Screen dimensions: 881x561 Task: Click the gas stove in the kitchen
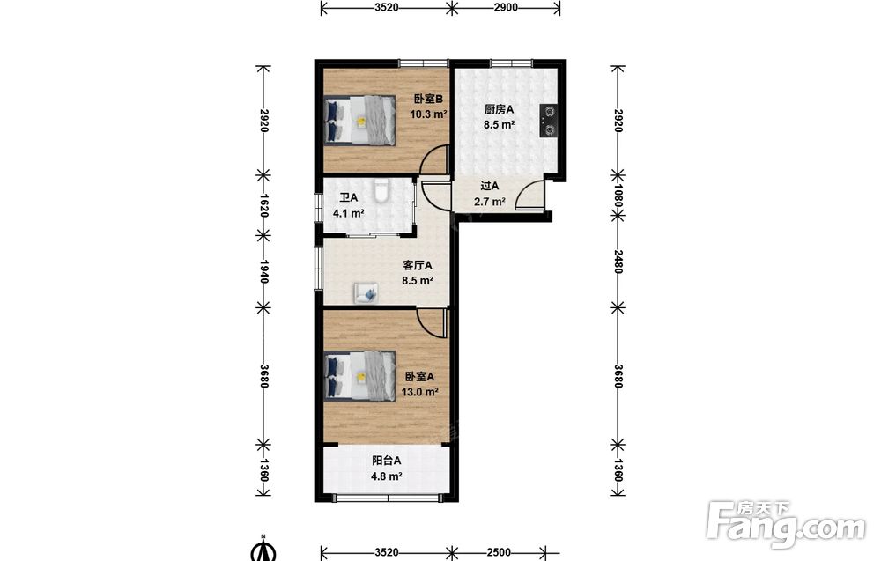(549, 121)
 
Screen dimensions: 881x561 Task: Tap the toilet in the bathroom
(381, 190)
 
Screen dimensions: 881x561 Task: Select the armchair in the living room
(366, 293)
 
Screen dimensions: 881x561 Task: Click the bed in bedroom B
(360, 121)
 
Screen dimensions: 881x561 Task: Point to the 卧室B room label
(428, 100)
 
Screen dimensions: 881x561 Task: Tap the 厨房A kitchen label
(499, 109)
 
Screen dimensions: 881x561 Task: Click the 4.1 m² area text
(348, 213)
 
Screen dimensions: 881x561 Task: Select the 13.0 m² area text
(419, 392)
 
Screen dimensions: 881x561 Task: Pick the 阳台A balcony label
(386, 461)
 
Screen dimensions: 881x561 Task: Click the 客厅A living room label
(418, 265)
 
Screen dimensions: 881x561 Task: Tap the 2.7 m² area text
(490, 202)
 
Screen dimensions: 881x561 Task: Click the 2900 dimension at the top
(507, 7)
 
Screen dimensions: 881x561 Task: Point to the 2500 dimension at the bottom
(499, 552)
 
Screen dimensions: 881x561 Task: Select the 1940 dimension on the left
(263, 270)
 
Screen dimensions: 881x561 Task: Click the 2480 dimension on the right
(618, 262)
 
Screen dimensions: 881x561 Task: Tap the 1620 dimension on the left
(263, 205)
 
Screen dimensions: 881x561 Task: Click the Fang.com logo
(787, 524)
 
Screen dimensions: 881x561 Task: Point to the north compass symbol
(263, 549)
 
